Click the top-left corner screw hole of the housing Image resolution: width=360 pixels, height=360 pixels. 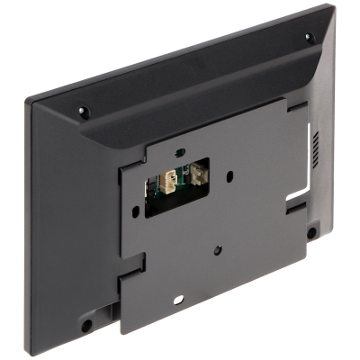(82, 112)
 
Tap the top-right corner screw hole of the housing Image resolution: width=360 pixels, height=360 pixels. (308, 38)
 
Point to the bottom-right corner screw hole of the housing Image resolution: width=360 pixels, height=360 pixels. (312, 232)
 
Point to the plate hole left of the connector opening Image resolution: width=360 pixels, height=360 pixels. (135, 213)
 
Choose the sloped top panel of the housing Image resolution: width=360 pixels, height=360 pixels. (198, 90)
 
